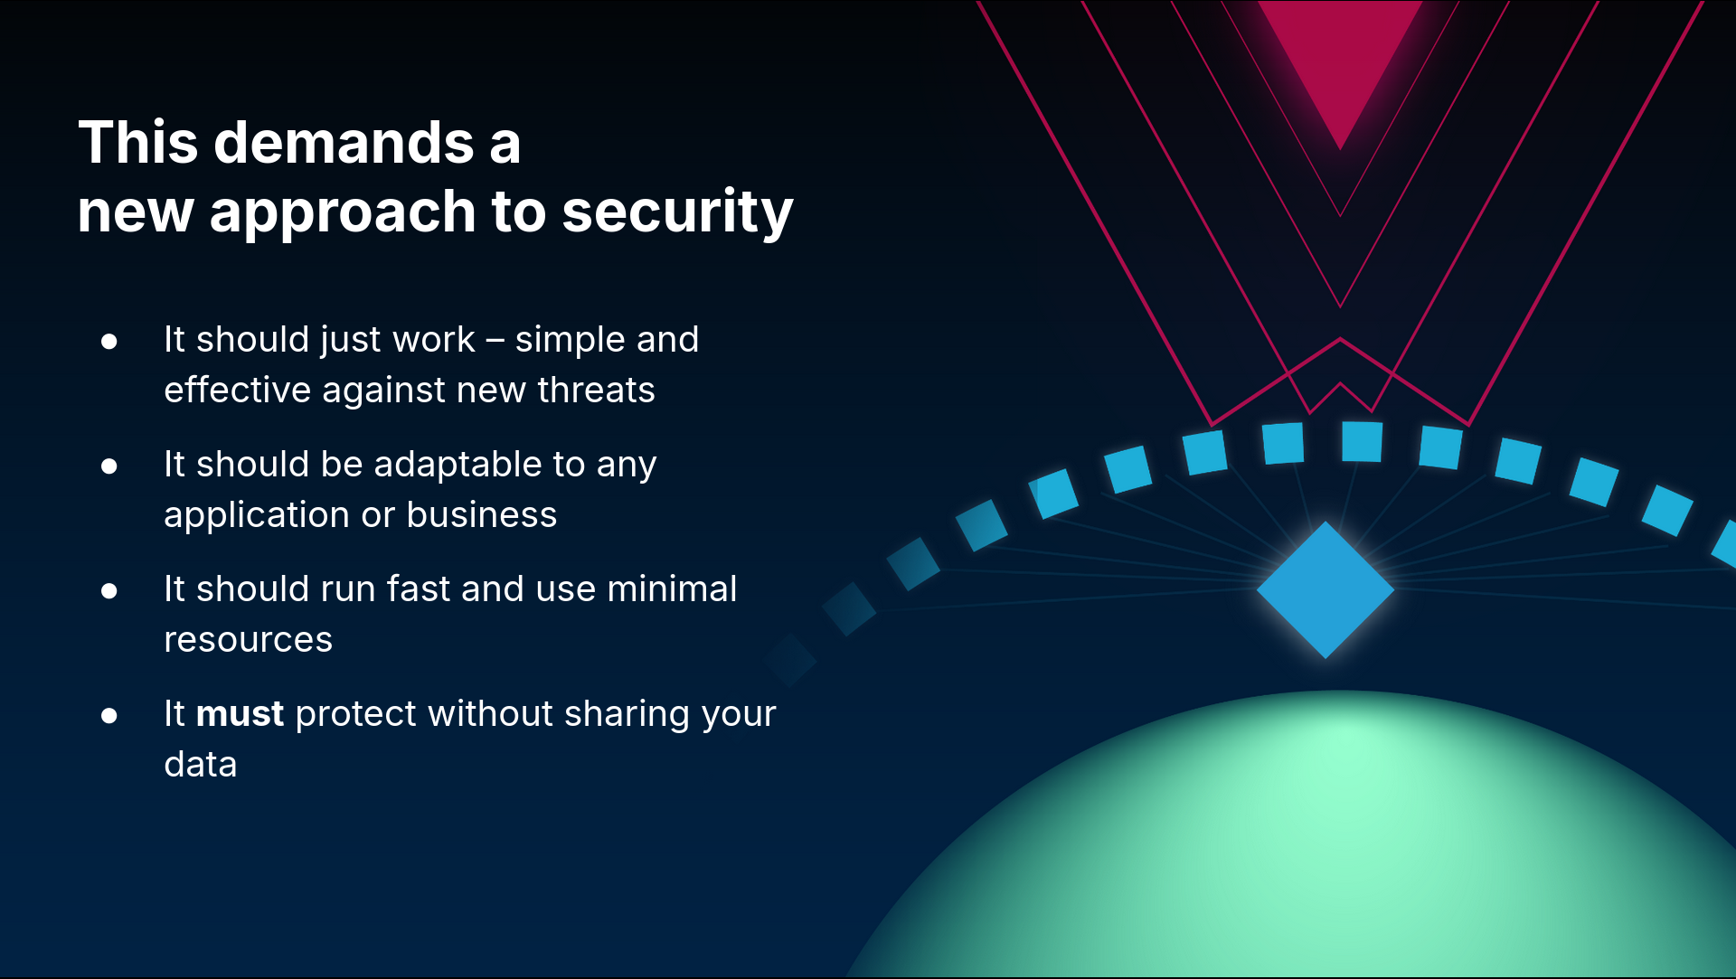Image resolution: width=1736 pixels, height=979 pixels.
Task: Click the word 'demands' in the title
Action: [x=344, y=143]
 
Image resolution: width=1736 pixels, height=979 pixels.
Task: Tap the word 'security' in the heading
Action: [x=677, y=213]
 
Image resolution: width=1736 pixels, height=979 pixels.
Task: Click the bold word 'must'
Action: [x=241, y=714]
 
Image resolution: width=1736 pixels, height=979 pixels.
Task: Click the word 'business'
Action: [x=482, y=515]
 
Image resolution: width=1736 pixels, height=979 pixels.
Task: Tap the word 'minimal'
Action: [x=672, y=589]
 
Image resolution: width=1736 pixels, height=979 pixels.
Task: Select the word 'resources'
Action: [x=249, y=641]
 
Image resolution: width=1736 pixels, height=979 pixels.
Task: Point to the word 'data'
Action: [x=201, y=765]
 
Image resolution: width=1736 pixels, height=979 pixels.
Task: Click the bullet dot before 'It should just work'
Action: [x=109, y=341]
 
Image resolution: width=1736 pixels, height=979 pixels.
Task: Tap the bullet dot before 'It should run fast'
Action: [x=109, y=591]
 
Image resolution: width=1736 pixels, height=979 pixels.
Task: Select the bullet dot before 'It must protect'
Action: [x=109, y=716]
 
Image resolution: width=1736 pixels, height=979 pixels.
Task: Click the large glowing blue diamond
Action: [x=1326, y=589]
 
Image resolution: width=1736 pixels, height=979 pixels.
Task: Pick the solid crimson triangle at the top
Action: [x=1340, y=54]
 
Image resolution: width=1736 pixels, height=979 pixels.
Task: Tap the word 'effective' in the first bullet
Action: [x=238, y=391]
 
